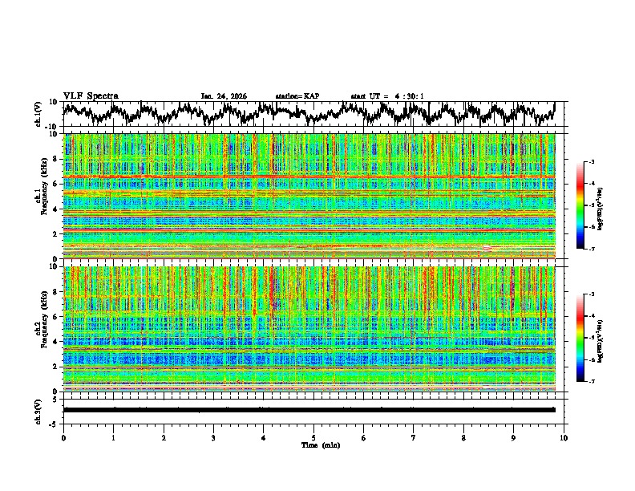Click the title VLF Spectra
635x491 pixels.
91,95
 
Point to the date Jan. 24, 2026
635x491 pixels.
224,96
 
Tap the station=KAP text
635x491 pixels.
297,96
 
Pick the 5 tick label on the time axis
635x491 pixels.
313,437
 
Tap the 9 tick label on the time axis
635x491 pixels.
514,437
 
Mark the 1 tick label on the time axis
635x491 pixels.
113,437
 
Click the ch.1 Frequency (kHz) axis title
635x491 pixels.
40,197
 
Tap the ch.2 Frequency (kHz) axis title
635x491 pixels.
40,329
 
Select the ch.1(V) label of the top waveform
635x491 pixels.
39,114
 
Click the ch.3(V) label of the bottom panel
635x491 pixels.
39,410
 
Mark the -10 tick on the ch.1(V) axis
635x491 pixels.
51,127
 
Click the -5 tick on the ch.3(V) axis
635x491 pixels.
53,422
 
